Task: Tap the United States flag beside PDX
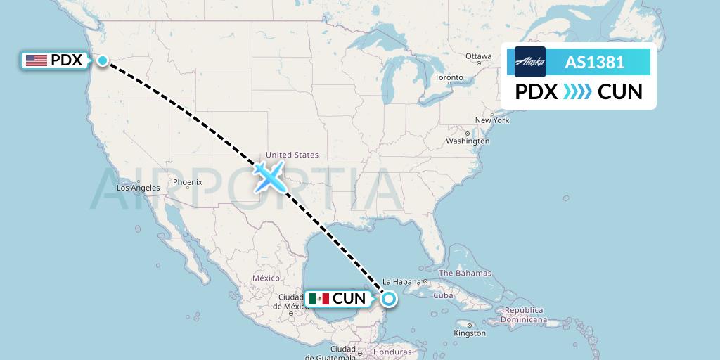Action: coord(36,60)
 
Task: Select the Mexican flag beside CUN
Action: coord(319,299)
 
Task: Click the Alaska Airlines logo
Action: coord(529,62)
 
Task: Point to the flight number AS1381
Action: coord(595,62)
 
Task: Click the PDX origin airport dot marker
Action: coord(103,60)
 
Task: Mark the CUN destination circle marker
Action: coord(388,299)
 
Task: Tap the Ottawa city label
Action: coord(478,56)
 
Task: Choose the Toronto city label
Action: coord(449,77)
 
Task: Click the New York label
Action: coord(491,120)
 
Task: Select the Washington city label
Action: coord(467,141)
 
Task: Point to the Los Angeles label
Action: coord(138,188)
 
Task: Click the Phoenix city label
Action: coord(187,182)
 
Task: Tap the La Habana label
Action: coord(402,282)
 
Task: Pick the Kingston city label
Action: coord(469,333)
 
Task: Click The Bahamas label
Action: coord(465,273)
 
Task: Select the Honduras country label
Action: coord(393,352)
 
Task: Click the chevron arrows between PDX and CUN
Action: coord(577,91)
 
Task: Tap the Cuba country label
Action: coord(443,295)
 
